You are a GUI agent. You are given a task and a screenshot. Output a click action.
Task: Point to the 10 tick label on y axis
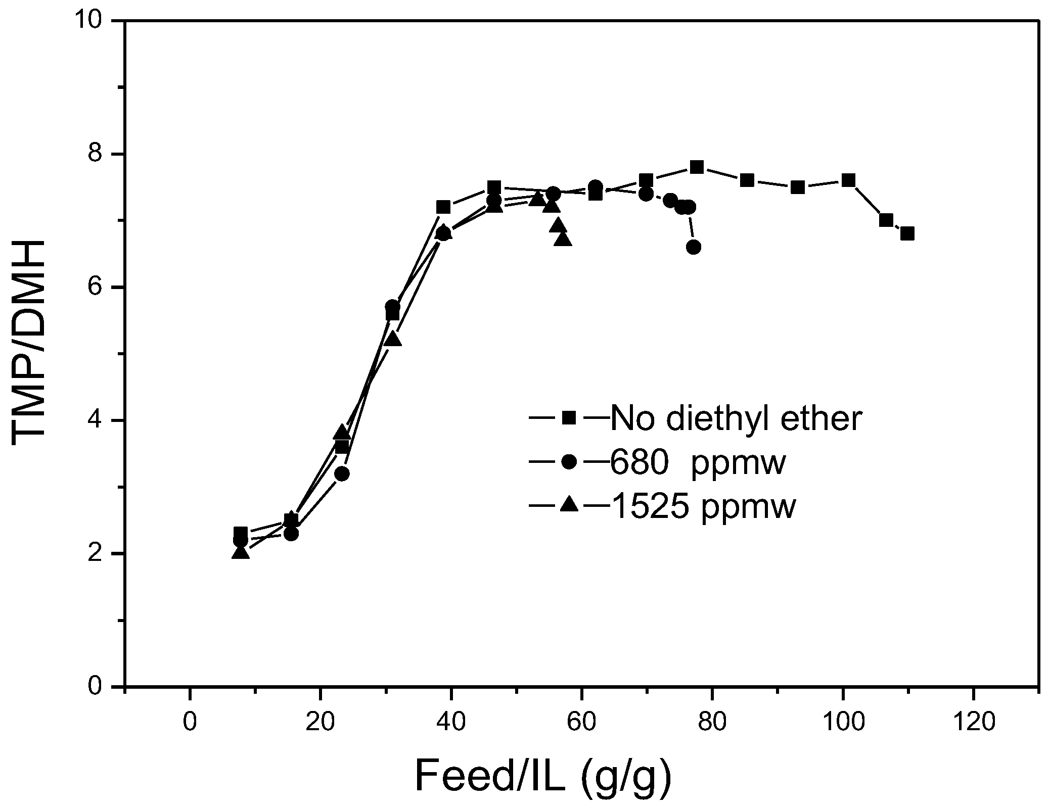[90, 21]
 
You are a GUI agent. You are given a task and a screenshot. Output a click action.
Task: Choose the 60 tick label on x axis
[581, 723]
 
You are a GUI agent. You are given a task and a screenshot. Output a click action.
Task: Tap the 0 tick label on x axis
[190, 723]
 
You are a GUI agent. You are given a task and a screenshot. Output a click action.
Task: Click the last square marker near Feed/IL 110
[907, 233]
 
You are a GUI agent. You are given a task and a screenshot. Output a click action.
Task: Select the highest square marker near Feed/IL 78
[697, 167]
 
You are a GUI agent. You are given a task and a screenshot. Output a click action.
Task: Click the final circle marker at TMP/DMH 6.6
[694, 247]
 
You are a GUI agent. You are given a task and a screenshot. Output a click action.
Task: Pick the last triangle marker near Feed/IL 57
[563, 239]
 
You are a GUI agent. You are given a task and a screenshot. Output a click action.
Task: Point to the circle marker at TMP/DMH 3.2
[342, 474]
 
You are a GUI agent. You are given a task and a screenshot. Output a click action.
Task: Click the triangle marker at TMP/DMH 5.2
[393, 340]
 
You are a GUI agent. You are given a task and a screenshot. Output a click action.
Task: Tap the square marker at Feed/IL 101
[848, 180]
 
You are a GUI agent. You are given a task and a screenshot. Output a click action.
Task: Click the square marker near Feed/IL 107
[886, 220]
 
